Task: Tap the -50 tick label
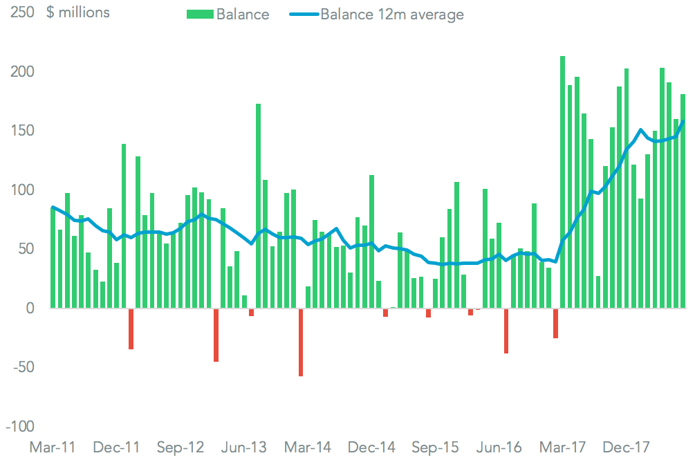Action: point(20,367)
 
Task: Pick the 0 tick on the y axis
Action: point(29,309)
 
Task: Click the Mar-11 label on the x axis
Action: point(53,447)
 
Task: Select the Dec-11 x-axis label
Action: point(116,447)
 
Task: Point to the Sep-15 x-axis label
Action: point(434,447)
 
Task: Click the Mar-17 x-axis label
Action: point(562,447)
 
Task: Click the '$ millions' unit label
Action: point(78,12)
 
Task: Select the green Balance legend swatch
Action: point(200,14)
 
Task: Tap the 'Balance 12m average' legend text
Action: point(392,14)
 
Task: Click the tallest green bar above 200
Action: point(562,182)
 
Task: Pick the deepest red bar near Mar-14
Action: point(301,342)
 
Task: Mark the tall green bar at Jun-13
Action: point(259,205)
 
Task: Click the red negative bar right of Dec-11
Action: point(131,329)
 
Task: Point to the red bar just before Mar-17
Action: point(555,323)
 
